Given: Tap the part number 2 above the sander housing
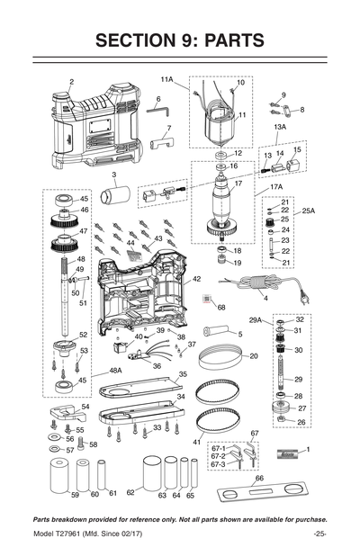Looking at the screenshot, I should point(71,82).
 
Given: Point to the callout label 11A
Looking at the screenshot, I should point(167,79).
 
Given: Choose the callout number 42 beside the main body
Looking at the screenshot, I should point(196,280).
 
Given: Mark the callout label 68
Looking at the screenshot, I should point(221,307).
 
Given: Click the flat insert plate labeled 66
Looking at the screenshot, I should point(262,493).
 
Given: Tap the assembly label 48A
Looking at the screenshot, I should point(115,370).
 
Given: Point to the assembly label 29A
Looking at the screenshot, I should point(255,319).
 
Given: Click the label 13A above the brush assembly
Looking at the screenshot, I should point(280,128).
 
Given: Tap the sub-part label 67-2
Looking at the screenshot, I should point(217,456).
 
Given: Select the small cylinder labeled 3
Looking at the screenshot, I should point(115,194).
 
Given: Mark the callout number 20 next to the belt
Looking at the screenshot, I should point(254,356).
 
